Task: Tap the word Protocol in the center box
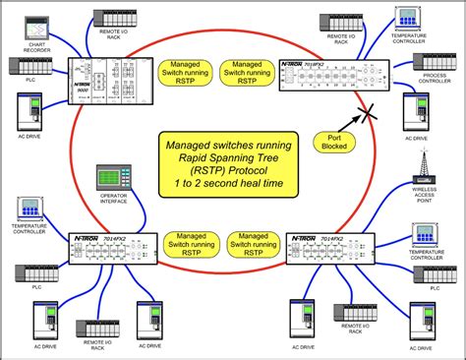[254, 173]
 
